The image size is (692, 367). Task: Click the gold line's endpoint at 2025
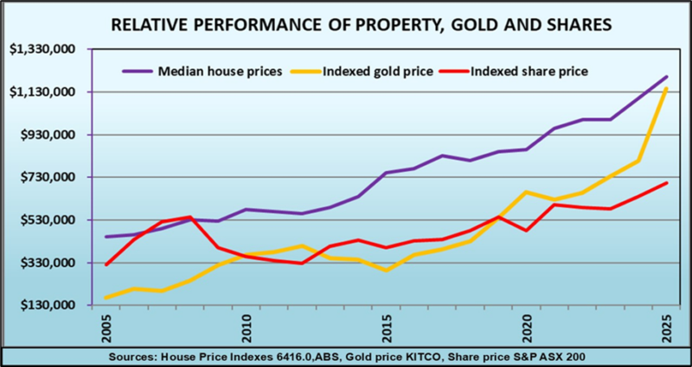point(666,88)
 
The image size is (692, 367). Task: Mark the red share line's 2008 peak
point(189,217)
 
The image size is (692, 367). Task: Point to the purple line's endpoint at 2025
point(666,77)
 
